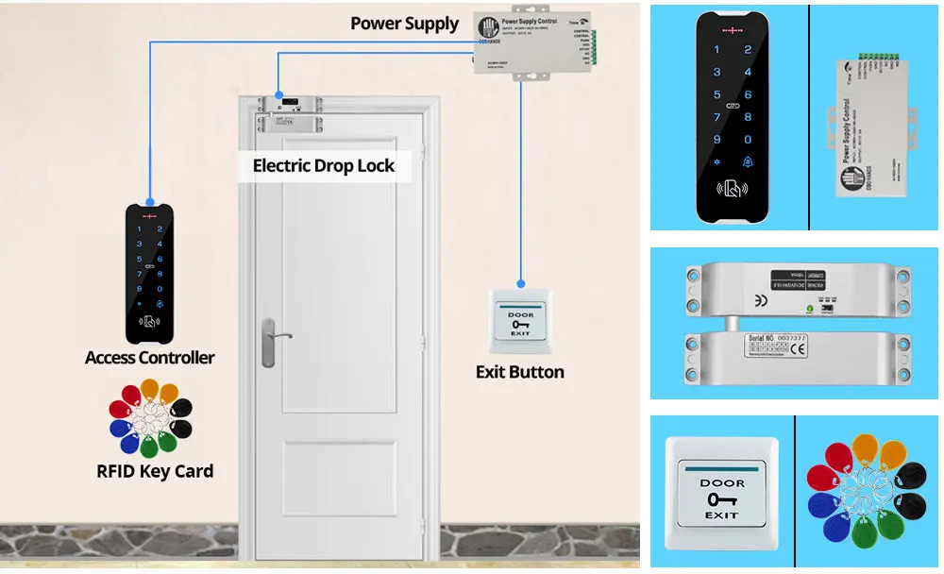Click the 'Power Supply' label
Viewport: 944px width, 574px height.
(x=404, y=24)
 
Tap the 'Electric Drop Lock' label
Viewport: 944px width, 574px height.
(x=323, y=166)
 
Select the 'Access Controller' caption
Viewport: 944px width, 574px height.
(x=149, y=358)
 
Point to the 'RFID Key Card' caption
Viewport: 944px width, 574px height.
(x=155, y=471)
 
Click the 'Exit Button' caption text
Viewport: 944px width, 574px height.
(x=519, y=372)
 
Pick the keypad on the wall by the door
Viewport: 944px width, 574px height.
(x=149, y=273)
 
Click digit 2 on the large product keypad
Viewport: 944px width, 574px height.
(x=748, y=50)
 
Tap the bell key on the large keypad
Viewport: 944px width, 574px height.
(x=748, y=161)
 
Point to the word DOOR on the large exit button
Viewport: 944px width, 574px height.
(x=721, y=483)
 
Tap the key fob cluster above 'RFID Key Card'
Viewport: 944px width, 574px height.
(x=150, y=419)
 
